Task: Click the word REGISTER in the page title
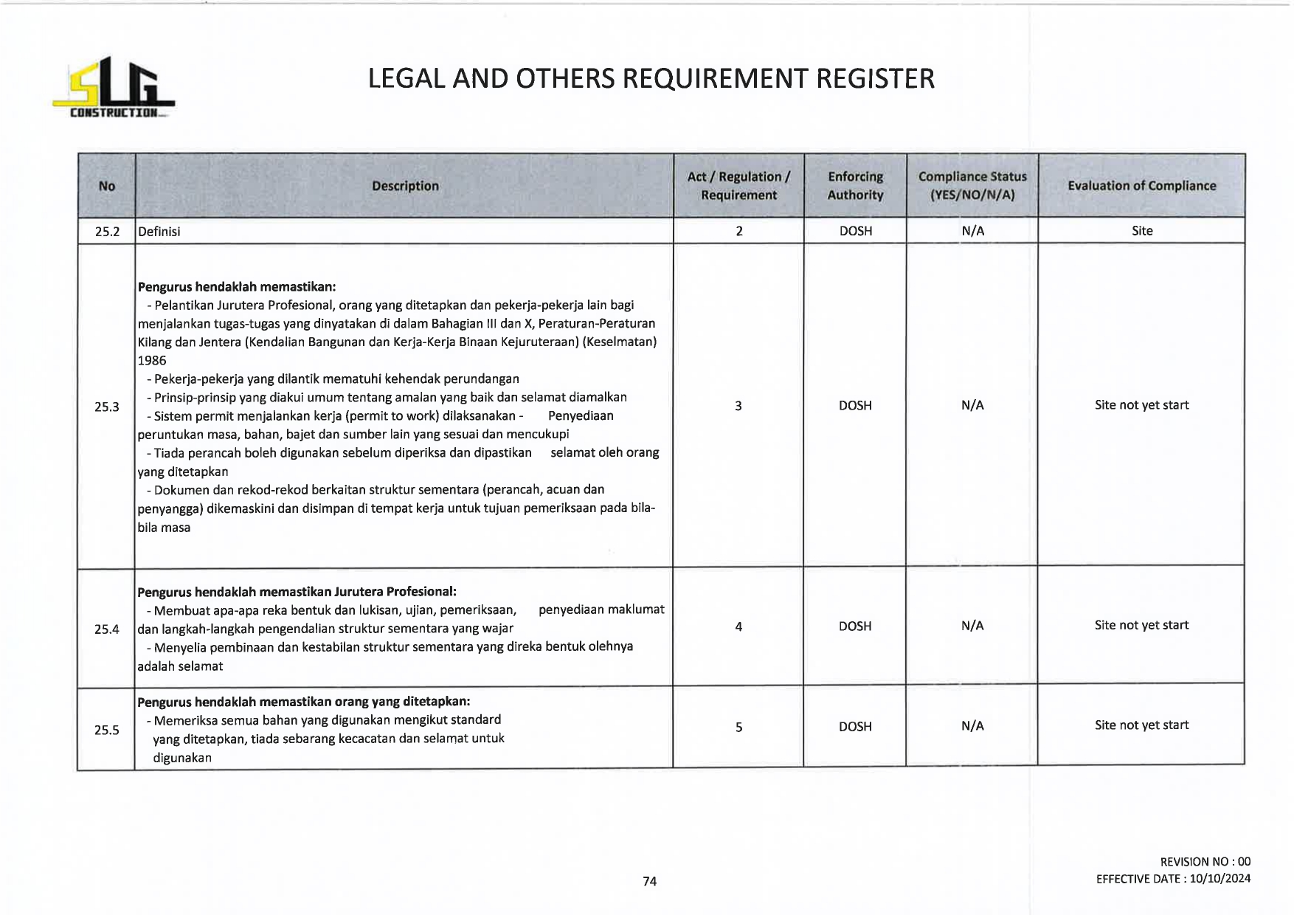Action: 875,78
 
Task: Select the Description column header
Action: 405,186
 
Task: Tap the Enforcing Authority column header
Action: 855,186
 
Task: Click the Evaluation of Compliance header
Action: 1141,186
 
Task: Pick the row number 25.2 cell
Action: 107,231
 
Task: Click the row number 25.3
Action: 107,407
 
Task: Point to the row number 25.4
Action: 107,629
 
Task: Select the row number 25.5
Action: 107,730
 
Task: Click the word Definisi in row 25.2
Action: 159,232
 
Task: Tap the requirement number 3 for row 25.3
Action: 738,406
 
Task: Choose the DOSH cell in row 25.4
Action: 855,626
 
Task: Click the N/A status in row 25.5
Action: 972,726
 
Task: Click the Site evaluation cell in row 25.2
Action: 1142,231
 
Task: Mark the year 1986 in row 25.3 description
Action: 152,361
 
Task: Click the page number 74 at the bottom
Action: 649,881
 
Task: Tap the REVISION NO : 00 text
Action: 1205,862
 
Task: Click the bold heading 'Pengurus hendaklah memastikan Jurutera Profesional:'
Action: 297,592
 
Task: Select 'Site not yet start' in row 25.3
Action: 1141,405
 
